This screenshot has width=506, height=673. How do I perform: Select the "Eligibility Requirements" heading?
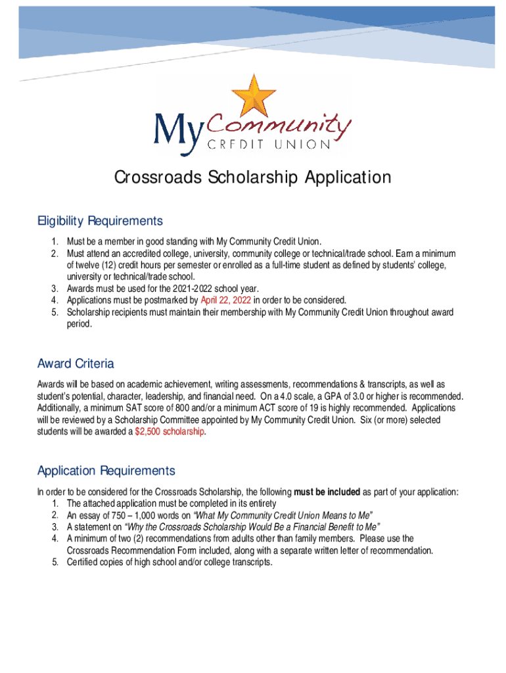point(100,220)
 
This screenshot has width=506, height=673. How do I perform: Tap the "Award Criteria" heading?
point(76,363)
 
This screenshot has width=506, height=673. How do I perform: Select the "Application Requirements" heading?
point(106,471)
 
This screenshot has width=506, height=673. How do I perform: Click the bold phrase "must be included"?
point(327,492)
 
